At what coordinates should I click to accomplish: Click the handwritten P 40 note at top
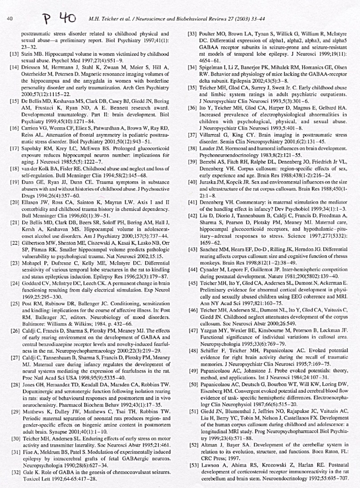click(x=59, y=18)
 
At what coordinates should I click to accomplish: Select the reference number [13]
click(x=14, y=53)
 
